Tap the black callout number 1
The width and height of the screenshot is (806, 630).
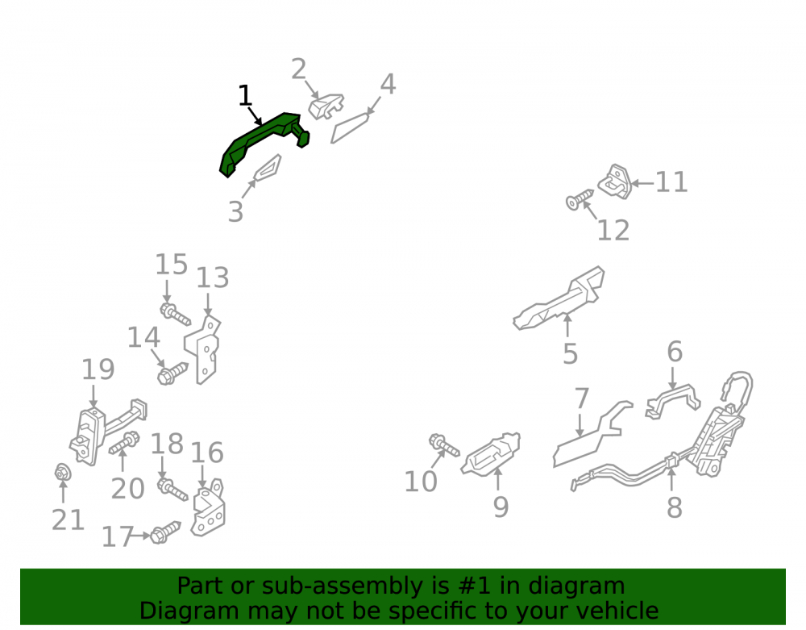[x=245, y=96]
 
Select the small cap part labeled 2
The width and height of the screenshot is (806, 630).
[x=326, y=106]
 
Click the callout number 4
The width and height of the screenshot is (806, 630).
[x=388, y=85]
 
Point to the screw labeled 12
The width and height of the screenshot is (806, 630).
[x=580, y=199]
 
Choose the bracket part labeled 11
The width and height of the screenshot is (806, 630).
[x=615, y=181]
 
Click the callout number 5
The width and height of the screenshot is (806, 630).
[x=570, y=354]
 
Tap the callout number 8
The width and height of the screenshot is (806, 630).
[x=674, y=507]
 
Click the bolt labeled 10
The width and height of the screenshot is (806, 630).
[x=444, y=445]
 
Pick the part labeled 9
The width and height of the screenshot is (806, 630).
[x=491, y=453]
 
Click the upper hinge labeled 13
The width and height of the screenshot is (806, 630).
[x=203, y=350]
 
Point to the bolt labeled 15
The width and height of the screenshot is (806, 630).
[x=175, y=315]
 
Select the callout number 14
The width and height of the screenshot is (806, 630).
[x=144, y=338]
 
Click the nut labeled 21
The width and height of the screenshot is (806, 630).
[x=63, y=472]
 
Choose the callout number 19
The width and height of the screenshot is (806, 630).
[x=98, y=369]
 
